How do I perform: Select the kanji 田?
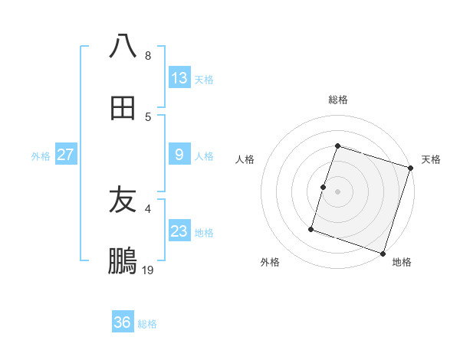point(123,109)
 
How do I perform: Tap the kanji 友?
point(123,201)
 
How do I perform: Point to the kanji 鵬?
point(123,262)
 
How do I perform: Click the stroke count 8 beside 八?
point(148,56)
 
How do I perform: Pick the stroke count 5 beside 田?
point(148,117)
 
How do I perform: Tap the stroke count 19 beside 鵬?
point(148,270)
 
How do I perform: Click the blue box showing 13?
point(179,78)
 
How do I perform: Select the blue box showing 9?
point(179,155)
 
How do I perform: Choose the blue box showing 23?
point(179,231)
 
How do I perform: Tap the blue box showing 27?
point(65,155)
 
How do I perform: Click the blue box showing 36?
point(122,322)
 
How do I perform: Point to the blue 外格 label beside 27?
point(41,156)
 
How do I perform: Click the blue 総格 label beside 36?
point(147,324)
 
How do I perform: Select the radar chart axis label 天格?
point(431,159)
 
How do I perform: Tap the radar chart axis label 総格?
point(338,100)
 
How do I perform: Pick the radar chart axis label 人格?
point(245,159)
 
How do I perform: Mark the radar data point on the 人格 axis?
point(324,187)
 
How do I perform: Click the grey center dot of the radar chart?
point(338,191)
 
